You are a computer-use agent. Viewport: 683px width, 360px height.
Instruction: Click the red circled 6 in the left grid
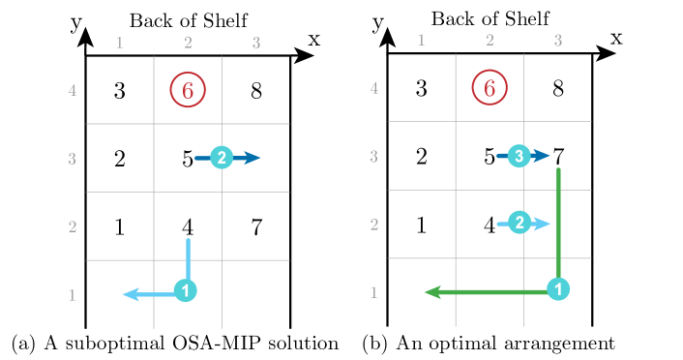coord(188,90)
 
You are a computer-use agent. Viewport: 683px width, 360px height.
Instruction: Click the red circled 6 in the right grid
coord(490,88)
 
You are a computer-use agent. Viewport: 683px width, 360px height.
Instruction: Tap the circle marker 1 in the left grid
coord(186,290)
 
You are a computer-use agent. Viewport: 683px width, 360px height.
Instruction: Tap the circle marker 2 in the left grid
coord(222,158)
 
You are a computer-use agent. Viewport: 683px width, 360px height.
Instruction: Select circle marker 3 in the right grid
coord(520,156)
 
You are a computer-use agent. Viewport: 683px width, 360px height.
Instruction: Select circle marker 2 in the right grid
coord(520,224)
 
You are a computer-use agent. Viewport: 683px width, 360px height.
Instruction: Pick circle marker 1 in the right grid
coord(558,289)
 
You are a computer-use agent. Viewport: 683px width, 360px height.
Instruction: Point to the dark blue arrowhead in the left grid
coord(252,158)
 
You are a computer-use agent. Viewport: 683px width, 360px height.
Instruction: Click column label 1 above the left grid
coord(120,43)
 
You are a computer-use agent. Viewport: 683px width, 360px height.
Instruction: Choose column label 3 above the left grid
coord(256,43)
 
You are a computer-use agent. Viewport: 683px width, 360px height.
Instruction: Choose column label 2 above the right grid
coord(490,40)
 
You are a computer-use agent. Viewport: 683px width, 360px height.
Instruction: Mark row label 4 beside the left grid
coord(73,92)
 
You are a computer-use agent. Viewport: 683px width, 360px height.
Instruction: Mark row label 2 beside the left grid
coord(73,227)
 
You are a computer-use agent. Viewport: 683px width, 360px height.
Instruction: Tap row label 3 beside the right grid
coord(374,157)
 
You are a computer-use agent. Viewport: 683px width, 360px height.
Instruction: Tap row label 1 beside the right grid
coord(374,292)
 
